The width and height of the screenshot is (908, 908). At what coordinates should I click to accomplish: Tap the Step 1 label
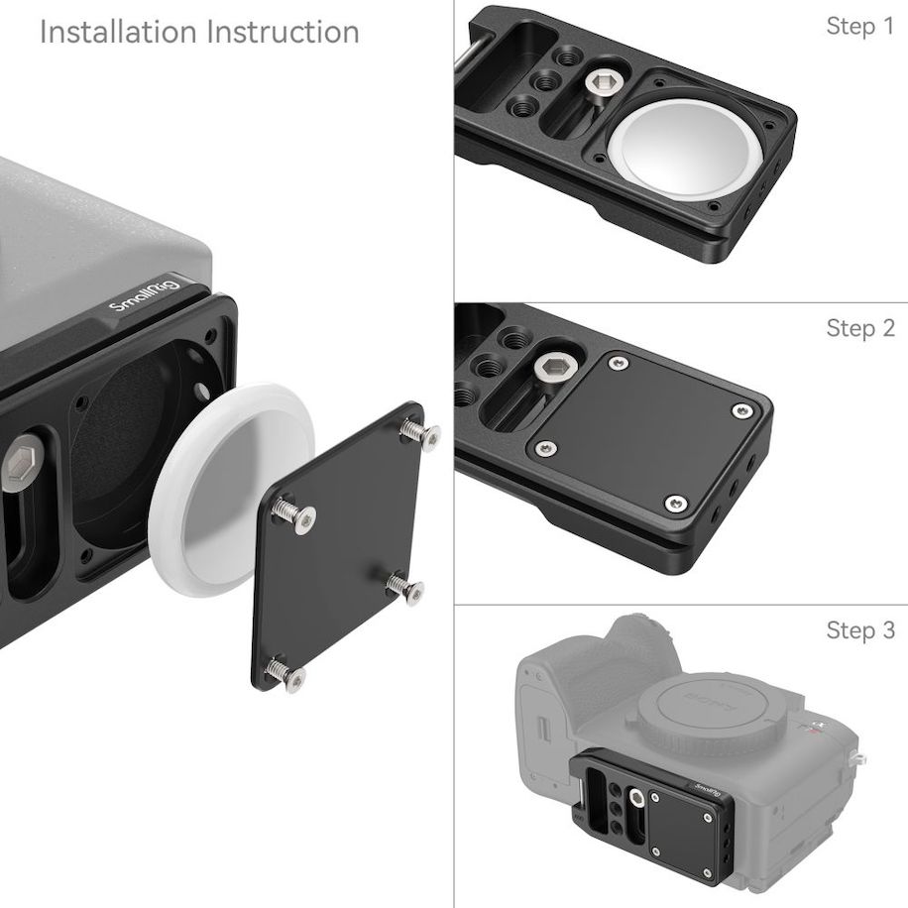(x=859, y=27)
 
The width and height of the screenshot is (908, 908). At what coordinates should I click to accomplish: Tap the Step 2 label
(x=859, y=328)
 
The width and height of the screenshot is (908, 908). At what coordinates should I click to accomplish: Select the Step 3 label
(x=859, y=630)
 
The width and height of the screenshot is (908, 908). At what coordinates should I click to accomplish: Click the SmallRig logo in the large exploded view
(x=144, y=296)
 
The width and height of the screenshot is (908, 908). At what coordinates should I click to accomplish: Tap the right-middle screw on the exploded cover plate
(x=406, y=587)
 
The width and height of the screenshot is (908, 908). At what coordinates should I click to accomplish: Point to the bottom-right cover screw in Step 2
(x=674, y=504)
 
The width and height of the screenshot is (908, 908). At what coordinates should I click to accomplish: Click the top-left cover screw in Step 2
(x=619, y=364)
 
